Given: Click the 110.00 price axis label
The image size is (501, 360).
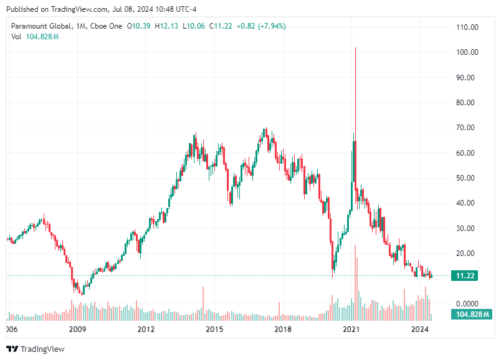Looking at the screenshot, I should (x=467, y=27).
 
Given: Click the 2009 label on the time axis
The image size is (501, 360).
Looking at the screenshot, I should (x=77, y=329).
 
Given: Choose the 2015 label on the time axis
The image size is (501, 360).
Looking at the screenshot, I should (x=214, y=329).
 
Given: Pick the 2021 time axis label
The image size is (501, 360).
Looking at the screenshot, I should (x=352, y=329).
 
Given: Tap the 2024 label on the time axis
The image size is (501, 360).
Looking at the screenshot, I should (x=421, y=329).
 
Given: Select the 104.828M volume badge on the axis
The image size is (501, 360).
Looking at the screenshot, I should (x=466, y=314).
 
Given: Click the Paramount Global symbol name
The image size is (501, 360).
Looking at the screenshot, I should (x=40, y=26).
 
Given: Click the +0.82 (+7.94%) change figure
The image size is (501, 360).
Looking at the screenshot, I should (x=261, y=26).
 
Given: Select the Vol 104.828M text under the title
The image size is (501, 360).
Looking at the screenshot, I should (x=35, y=37).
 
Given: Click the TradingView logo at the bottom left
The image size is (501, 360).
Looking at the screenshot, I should (x=36, y=349).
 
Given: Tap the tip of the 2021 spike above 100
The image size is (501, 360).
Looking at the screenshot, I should (x=355, y=48).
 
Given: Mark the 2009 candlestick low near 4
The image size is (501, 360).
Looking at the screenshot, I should (x=82, y=294).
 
